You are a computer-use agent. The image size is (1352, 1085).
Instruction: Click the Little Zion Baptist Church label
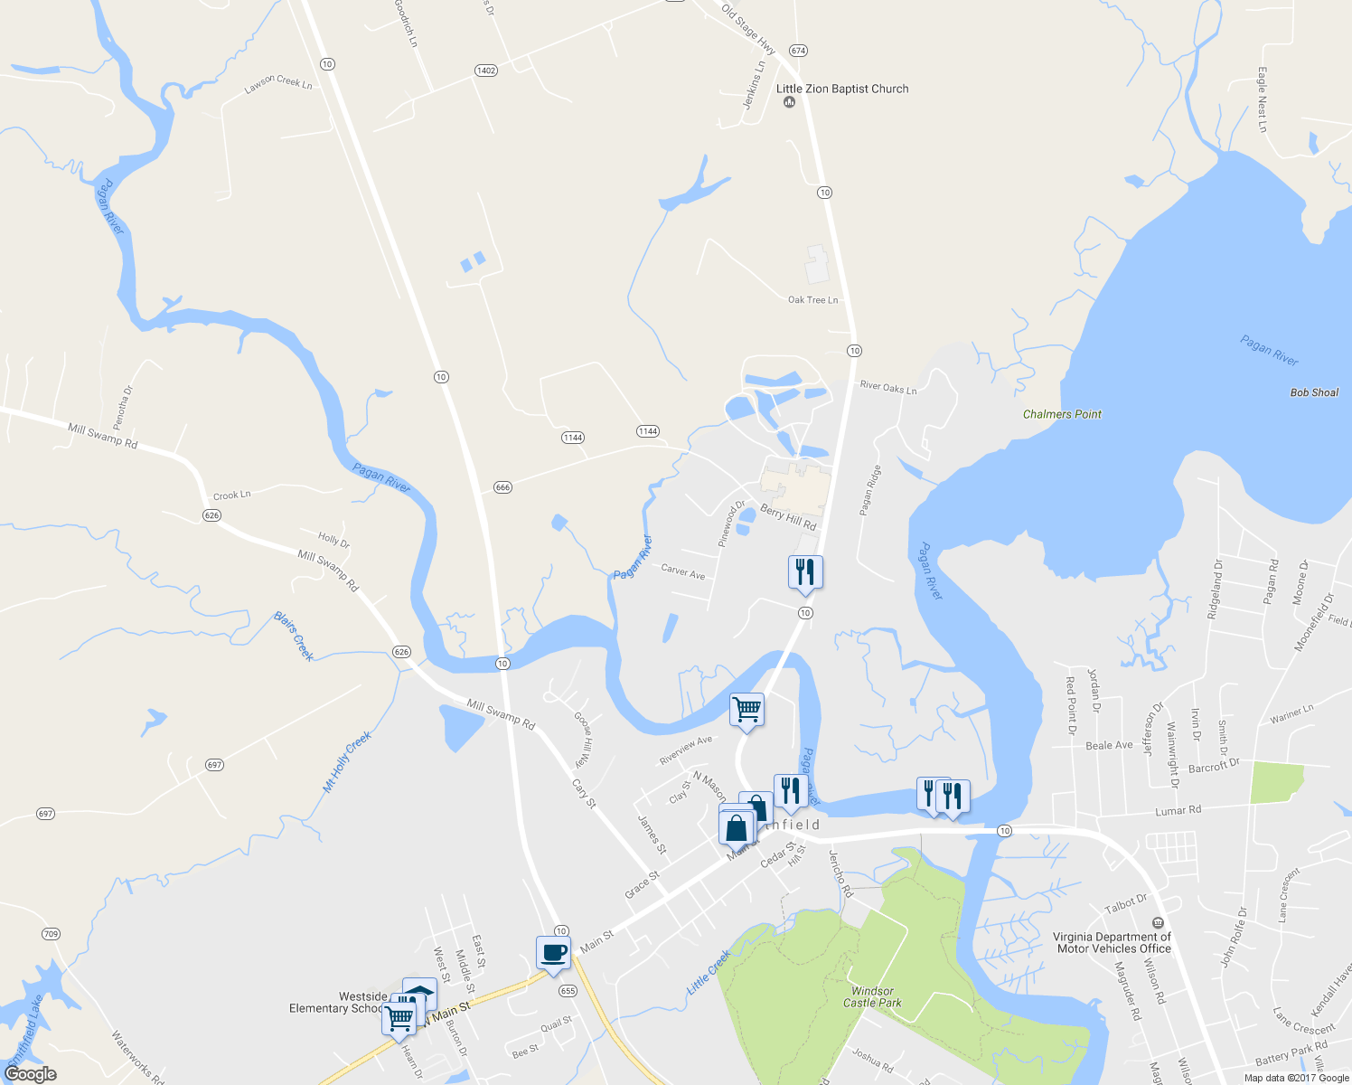(842, 89)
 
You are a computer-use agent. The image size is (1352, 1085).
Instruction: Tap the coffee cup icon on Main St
(553, 952)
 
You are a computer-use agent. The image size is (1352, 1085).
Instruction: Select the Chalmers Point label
(1062, 414)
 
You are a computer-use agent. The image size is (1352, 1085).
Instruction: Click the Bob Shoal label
(1314, 392)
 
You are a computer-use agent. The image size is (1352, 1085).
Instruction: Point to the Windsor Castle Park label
(872, 996)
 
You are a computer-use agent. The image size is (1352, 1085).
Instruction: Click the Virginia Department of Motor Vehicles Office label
(1113, 942)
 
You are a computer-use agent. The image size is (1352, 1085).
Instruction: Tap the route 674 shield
(797, 51)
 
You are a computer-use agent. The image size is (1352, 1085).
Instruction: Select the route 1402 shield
(486, 71)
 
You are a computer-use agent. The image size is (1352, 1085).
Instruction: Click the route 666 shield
(502, 487)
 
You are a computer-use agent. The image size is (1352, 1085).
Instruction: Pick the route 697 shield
(214, 765)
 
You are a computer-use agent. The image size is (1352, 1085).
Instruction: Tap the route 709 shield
(51, 933)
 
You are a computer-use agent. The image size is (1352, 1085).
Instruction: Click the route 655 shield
(568, 991)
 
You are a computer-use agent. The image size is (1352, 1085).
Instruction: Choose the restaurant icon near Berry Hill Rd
(805, 572)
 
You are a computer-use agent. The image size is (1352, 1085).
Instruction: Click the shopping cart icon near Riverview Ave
(747, 709)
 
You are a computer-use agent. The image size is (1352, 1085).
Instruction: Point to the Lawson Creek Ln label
(278, 83)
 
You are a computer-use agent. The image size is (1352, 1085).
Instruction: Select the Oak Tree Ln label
(812, 300)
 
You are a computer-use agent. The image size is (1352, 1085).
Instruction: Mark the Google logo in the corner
(31, 1074)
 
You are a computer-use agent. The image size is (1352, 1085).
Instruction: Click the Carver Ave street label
(682, 571)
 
